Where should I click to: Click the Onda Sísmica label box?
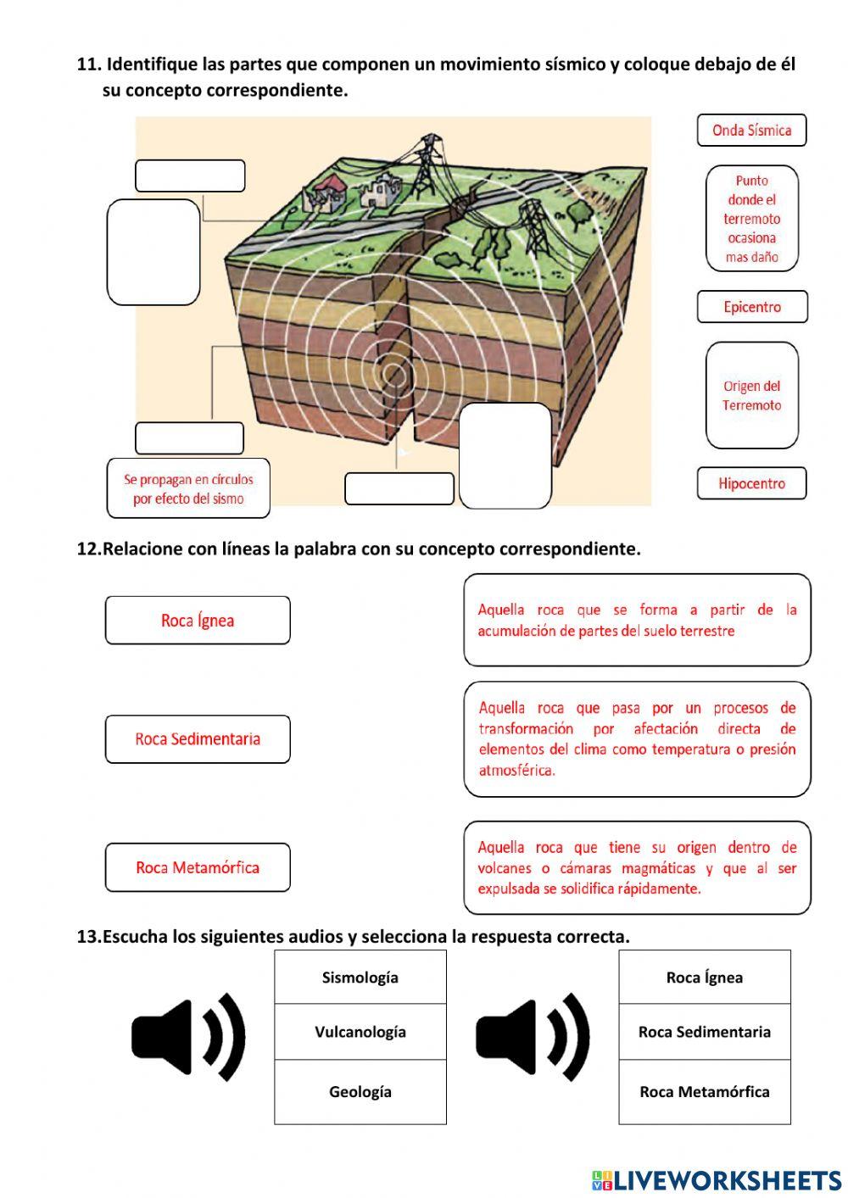[751, 131]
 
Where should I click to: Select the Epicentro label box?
[751, 307]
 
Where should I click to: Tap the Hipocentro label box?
[751, 483]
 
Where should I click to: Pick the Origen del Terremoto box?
[751, 395]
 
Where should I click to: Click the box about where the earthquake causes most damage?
[751, 219]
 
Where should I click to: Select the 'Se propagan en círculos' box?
[188, 489]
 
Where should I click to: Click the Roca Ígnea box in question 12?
[198, 621]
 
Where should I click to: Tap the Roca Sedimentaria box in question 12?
[198, 739]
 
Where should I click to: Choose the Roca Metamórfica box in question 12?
[198, 867]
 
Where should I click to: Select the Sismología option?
[360, 978]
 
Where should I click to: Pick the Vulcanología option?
[360, 1032]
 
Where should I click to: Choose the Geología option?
[360, 1092]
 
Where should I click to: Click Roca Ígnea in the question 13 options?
[705, 978]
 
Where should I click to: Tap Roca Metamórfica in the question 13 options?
[705, 1092]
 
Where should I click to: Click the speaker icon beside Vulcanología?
[188, 1037]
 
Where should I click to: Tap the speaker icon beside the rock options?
[533, 1037]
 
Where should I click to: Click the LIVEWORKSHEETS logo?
[717, 1180]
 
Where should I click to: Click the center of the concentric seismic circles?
[392, 374]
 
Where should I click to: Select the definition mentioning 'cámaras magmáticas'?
[637, 867]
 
